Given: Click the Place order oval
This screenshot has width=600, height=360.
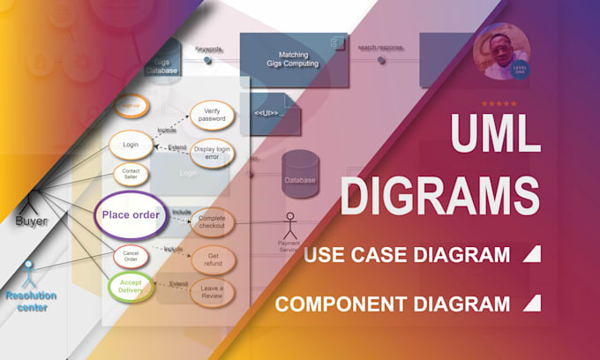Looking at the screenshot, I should (x=130, y=214).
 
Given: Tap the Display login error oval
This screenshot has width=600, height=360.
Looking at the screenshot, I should (x=212, y=152).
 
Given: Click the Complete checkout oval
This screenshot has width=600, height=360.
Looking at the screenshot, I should (x=212, y=221).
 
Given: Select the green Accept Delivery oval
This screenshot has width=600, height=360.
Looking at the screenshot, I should (x=131, y=286).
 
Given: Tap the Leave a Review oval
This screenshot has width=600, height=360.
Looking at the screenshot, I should (x=212, y=291).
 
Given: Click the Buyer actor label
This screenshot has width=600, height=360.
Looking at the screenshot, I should (x=31, y=221).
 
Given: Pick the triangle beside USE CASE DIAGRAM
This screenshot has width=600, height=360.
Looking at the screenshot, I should (x=531, y=255).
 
